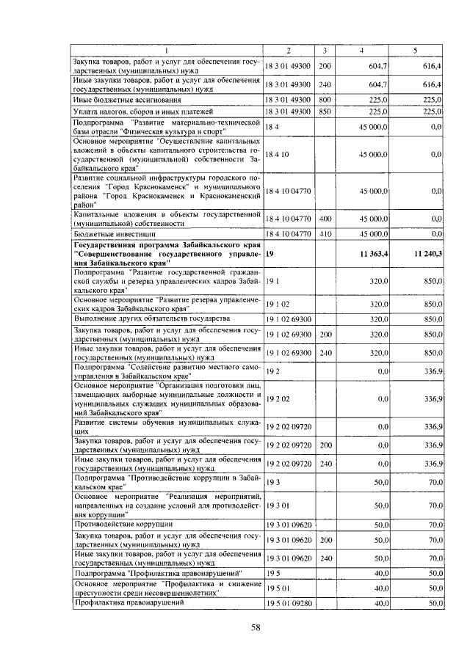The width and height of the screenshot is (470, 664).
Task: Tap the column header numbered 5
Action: [416, 50]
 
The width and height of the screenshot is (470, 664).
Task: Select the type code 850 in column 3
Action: [325, 112]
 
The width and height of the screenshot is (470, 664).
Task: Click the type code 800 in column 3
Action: [325, 99]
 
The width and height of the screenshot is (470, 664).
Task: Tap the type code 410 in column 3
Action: [325, 233]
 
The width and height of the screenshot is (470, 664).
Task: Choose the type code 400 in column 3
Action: [325, 219]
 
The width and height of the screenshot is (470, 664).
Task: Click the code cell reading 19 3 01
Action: [277, 506]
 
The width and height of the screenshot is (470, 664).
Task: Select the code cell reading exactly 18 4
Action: [272, 127]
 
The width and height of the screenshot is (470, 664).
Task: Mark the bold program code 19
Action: [270, 253]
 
